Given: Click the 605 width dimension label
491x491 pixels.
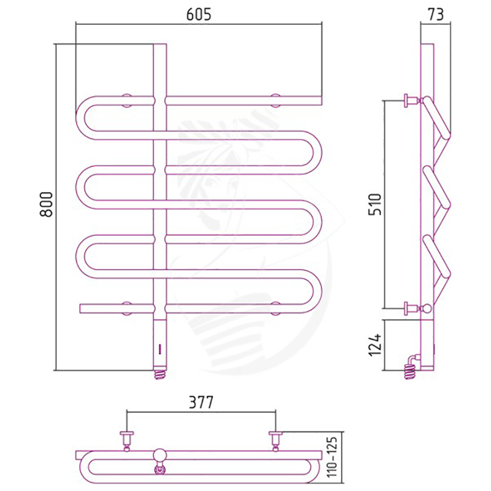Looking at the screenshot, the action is point(199,14).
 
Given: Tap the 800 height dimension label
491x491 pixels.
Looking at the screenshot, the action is point(47,204).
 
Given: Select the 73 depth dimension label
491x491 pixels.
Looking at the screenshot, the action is point(435,14).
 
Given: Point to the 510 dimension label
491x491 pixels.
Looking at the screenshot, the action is point(375,204).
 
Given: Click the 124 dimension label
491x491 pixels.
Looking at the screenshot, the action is point(375,344).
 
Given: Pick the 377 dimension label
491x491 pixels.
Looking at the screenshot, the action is point(201,403).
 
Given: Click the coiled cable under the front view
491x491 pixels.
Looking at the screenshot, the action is point(160,374).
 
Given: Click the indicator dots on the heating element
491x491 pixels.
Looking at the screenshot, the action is point(160,349).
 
